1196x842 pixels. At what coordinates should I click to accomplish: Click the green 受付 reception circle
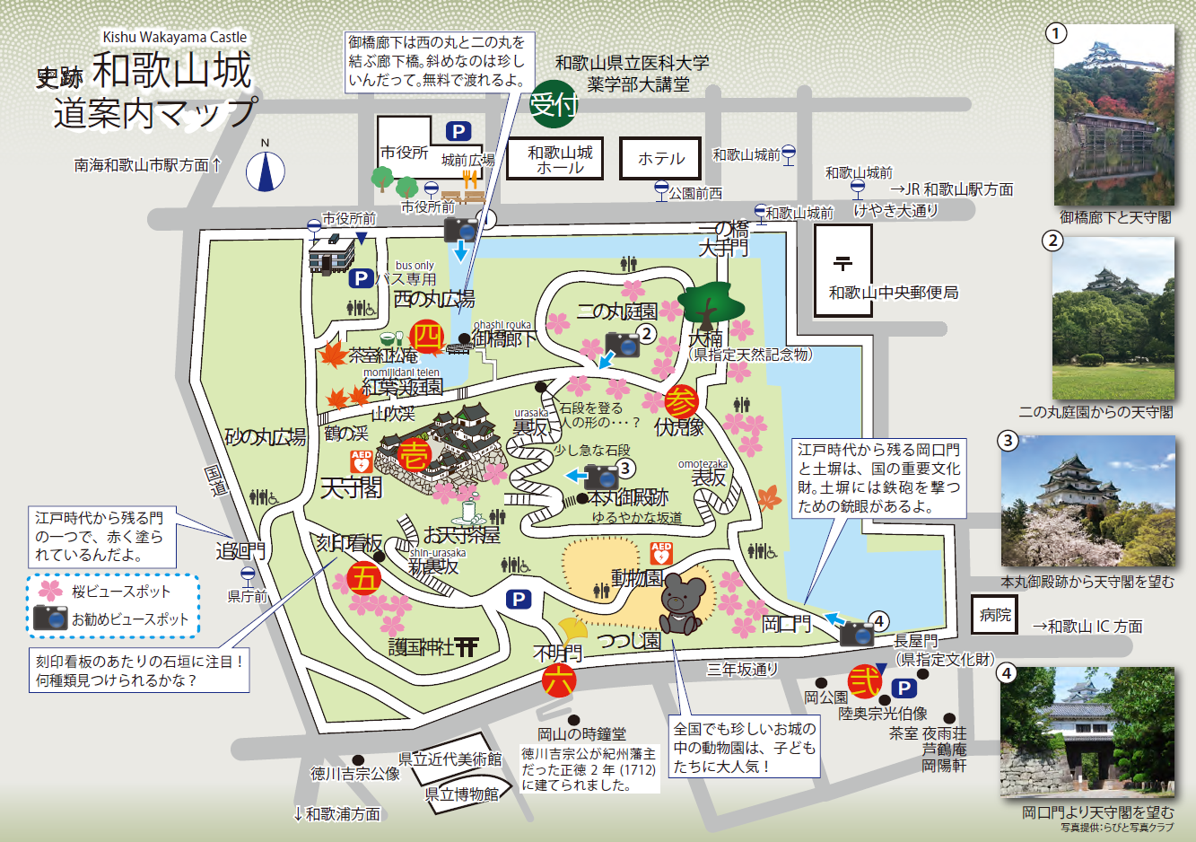tap(553, 105)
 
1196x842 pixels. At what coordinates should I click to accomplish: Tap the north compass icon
tap(266, 170)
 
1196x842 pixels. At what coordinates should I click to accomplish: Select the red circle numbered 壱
tap(415, 454)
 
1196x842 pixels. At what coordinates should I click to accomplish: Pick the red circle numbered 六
tap(558, 680)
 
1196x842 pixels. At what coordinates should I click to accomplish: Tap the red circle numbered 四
tap(427, 338)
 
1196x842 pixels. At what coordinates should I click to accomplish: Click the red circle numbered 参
tap(682, 401)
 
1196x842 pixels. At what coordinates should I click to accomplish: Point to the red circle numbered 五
tap(363, 579)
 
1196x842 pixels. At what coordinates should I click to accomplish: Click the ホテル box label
tap(661, 159)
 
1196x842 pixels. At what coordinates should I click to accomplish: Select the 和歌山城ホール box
tap(560, 159)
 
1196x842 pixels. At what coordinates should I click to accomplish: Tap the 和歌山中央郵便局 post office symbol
tap(842, 263)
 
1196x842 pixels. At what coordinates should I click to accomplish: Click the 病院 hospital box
tap(995, 615)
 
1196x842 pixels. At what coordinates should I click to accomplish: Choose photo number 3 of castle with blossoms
tap(1087, 502)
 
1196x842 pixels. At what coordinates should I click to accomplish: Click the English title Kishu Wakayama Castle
tap(175, 37)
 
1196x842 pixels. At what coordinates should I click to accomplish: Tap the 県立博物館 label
tap(461, 794)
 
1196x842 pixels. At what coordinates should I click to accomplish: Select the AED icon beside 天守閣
tap(361, 462)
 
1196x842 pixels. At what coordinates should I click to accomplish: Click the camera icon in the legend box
tap(50, 618)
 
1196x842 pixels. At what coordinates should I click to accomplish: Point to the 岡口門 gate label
tap(786, 624)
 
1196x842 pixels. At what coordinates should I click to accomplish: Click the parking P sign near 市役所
tap(458, 132)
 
